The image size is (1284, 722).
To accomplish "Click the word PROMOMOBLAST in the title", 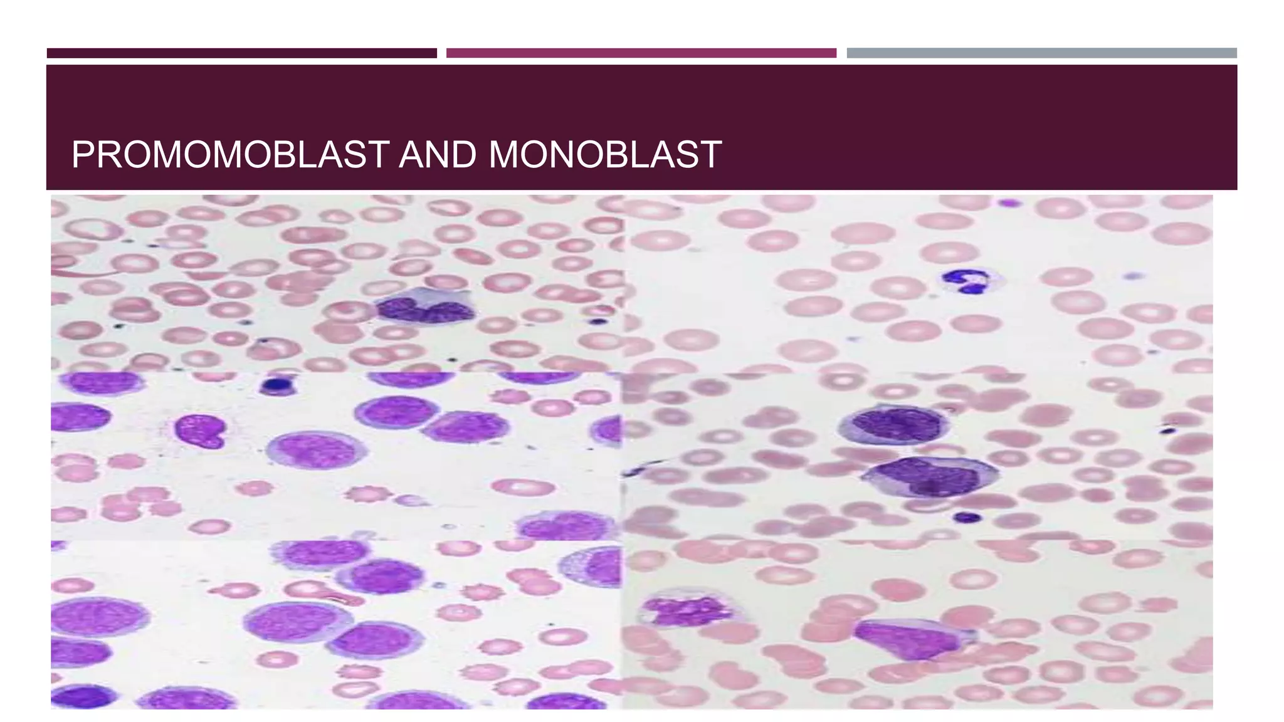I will click(x=230, y=155).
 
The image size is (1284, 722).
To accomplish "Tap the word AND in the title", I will click(x=437, y=155).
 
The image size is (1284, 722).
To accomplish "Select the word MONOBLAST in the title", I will click(x=604, y=155).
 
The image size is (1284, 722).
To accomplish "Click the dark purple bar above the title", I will click(x=241, y=53).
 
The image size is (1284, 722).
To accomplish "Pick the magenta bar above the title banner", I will click(x=641, y=53).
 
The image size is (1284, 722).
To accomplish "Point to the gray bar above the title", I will click(x=1041, y=53).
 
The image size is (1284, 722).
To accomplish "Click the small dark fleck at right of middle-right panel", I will click(x=1167, y=430).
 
